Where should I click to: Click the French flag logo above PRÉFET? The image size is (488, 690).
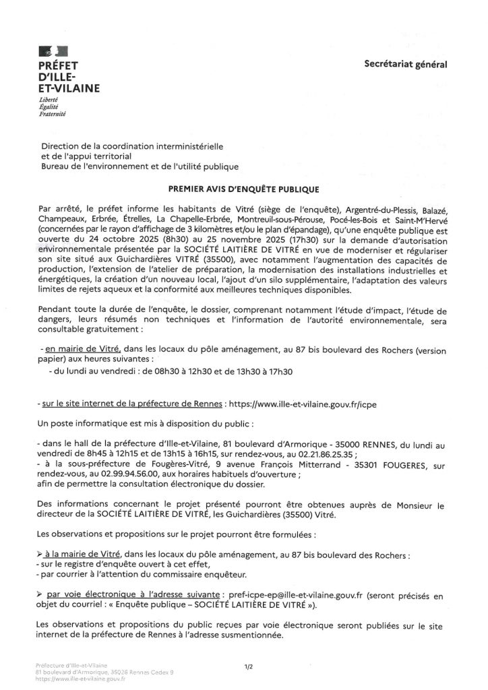[x=53, y=51]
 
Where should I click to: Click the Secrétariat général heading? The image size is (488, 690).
[x=405, y=65]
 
